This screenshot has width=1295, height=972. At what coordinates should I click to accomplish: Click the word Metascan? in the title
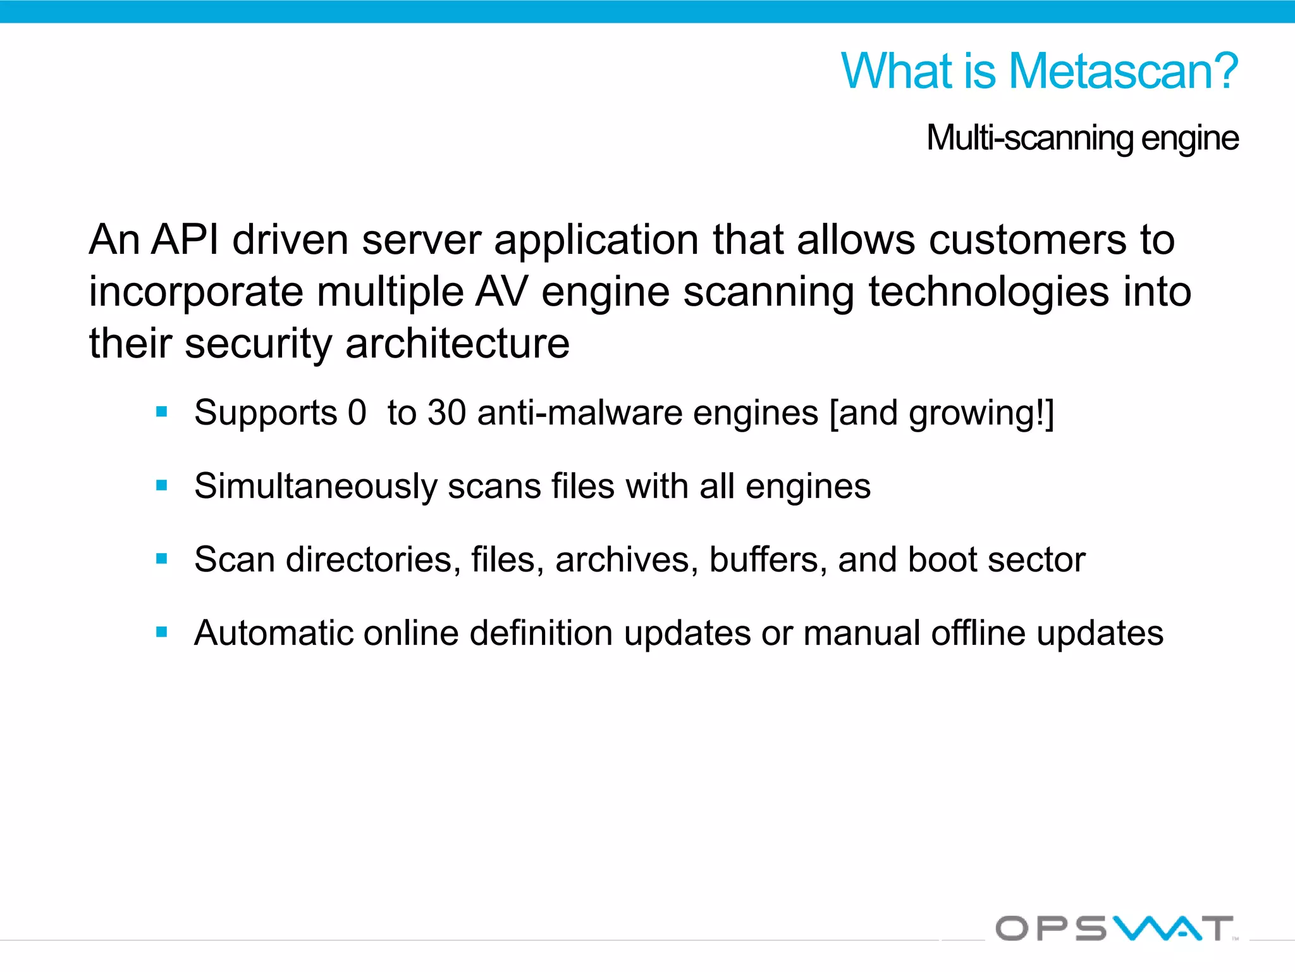coord(1123,71)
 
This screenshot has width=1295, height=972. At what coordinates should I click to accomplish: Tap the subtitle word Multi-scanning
coord(1029,138)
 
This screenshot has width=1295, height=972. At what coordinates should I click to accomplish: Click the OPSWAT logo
coord(1114,928)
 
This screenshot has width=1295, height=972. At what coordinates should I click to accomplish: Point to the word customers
coord(1028,240)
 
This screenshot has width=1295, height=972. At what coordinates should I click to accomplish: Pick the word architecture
coord(457,344)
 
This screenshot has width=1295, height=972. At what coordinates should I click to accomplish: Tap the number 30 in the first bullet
coord(446,413)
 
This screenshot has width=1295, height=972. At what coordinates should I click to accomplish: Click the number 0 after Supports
coord(357,413)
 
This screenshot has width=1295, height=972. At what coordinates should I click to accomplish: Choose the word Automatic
coord(273,633)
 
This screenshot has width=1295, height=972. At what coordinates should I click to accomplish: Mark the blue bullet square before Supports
coord(162,413)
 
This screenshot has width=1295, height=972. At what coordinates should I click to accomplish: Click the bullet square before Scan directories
coord(162,559)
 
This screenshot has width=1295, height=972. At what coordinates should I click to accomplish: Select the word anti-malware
coord(580,413)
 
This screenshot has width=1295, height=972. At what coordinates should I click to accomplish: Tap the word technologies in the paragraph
coord(988,292)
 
